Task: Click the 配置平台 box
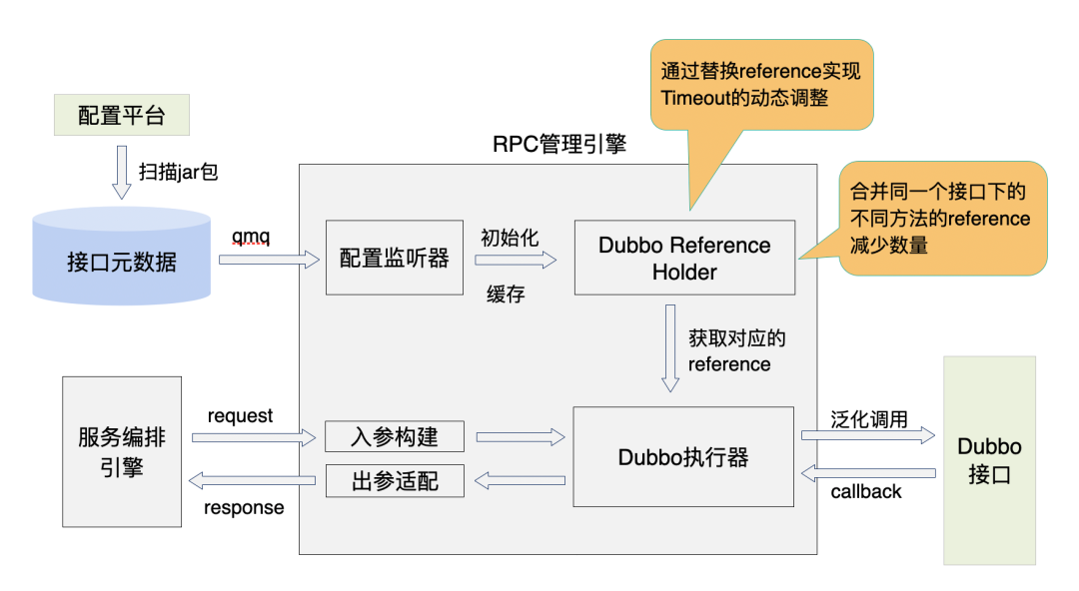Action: point(121,116)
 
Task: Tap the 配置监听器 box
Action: point(395,258)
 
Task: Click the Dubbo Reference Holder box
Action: point(684,258)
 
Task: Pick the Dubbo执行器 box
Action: point(683,456)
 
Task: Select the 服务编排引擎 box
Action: point(122,451)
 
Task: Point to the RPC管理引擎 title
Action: point(559,144)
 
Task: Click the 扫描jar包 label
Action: point(178,172)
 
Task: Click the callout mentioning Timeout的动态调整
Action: point(761,86)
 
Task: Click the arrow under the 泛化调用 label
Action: point(867,436)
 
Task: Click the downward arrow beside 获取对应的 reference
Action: point(670,349)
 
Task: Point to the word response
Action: point(244,508)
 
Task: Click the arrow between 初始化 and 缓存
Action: point(516,260)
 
